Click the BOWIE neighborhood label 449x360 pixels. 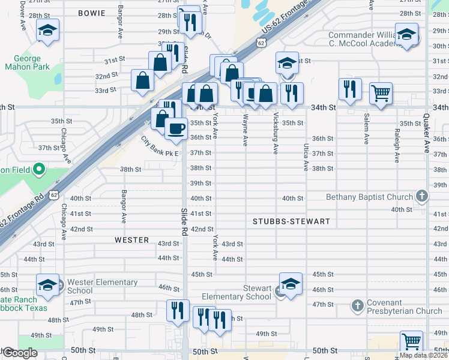92,13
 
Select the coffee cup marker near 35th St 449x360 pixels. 175,128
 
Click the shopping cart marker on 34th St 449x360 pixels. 381,94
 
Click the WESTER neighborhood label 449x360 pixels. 131,240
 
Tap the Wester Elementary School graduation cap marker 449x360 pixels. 47,285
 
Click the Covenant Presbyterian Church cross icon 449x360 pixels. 357,305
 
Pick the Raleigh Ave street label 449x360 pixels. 397,146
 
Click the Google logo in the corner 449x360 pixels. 19,353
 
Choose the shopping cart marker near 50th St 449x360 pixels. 411,342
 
